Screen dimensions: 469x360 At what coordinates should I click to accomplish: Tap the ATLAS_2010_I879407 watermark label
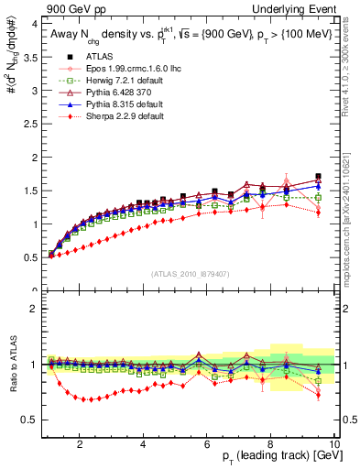pyautogui.click(x=190, y=272)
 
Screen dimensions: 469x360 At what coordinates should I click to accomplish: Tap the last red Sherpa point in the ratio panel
pyautogui.click(x=318, y=395)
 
